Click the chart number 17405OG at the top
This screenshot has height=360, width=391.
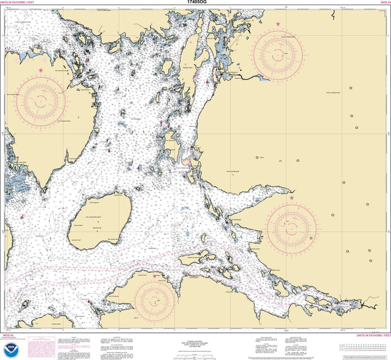[x=195, y=3]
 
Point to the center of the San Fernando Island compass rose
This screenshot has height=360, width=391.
[x=41, y=101]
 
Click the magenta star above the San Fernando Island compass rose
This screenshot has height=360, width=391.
[x=40, y=70]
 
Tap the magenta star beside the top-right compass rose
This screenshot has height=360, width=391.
[x=278, y=24]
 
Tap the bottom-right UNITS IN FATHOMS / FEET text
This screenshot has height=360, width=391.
[x=368, y=336]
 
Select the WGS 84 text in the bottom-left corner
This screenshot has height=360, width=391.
[x=7, y=336]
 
